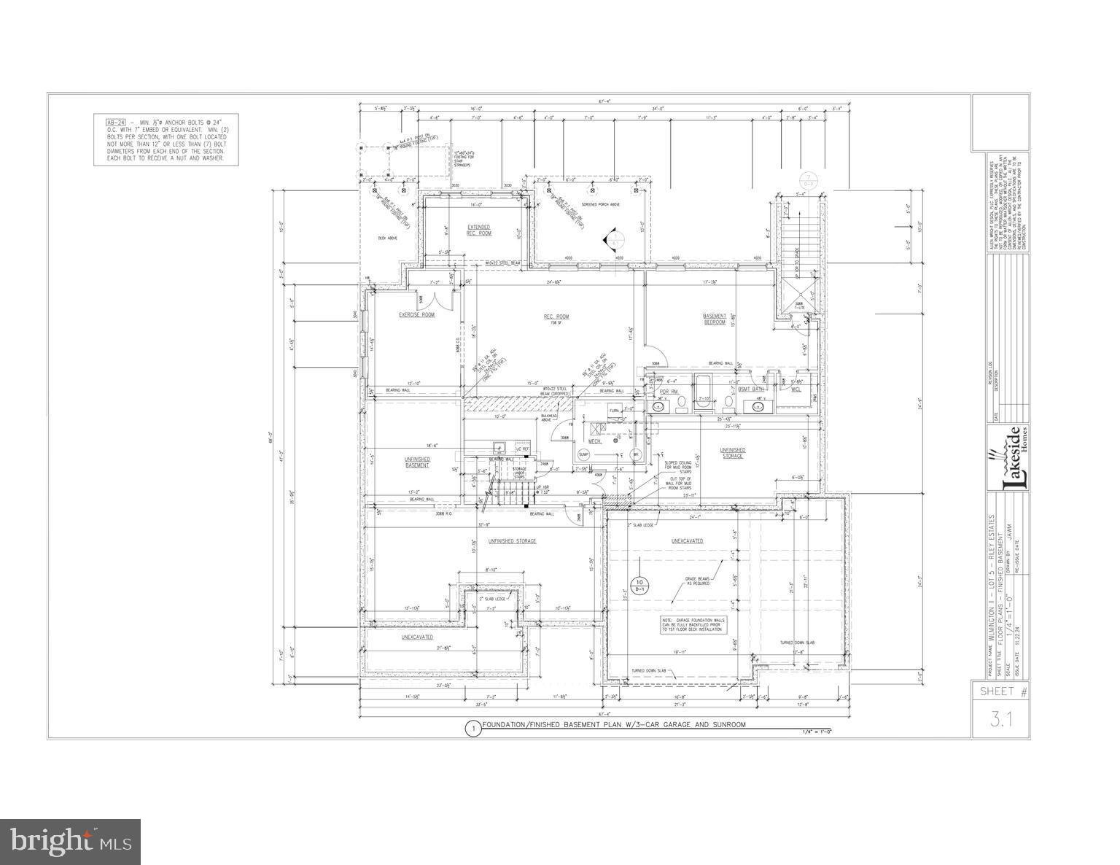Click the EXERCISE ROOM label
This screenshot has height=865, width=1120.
416,314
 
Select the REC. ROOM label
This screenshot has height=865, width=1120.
556,317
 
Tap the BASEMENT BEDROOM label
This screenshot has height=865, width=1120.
714,319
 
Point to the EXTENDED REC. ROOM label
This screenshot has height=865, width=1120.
478,230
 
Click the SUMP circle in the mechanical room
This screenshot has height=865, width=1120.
583,454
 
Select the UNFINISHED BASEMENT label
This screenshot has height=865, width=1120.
417,462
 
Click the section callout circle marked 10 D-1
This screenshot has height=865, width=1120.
639,586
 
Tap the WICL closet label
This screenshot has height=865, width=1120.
796,389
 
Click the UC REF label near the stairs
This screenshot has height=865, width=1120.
522,449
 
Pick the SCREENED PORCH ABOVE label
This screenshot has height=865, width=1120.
600,205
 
